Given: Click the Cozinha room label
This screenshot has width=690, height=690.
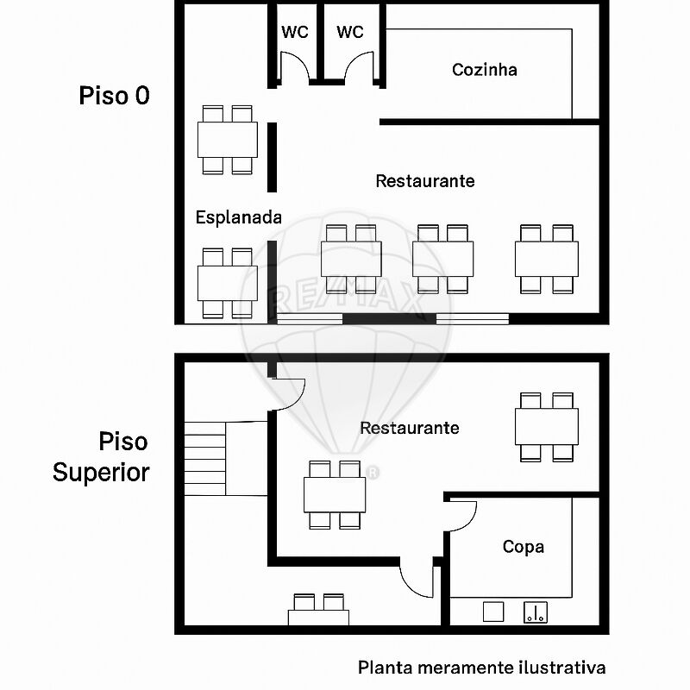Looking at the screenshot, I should tap(485, 70).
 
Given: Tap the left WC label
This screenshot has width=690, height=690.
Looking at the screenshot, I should tap(295, 33).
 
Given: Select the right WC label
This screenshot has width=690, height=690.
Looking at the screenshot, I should tap(350, 33).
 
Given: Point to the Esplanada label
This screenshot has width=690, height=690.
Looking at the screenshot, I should tap(238, 217).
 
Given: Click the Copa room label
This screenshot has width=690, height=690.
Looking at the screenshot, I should tap(524, 547).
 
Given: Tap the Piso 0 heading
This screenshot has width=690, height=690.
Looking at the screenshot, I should tap(114, 96).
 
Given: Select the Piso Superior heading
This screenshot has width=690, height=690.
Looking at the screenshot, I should tap(102, 457).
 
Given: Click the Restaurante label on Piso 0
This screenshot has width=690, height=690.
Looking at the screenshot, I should tap(425, 181).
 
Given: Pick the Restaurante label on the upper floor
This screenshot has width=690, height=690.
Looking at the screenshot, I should tap(409, 428).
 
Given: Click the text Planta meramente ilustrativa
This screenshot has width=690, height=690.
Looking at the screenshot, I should tap(481, 667).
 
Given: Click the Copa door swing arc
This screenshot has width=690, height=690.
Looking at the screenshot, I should tap(464, 516).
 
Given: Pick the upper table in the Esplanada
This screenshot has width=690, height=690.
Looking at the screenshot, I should tap(228, 140).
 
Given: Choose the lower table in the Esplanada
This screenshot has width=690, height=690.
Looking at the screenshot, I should tap(228, 282).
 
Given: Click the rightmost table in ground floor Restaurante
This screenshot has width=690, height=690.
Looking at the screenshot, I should tap(547, 259).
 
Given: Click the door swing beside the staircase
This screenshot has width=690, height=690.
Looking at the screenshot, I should tap(290, 397).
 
